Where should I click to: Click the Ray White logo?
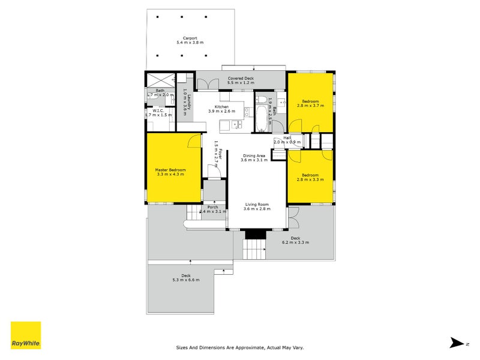(x=26, y=335)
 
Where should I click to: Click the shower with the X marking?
(x=161, y=79)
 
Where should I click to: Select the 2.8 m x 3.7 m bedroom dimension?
(x=310, y=106)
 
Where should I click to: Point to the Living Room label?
(x=257, y=207)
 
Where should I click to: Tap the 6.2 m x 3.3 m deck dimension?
(x=295, y=243)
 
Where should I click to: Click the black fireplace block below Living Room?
(x=255, y=234)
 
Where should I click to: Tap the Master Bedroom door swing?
(x=193, y=141)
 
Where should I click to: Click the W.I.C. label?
(x=159, y=112)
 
